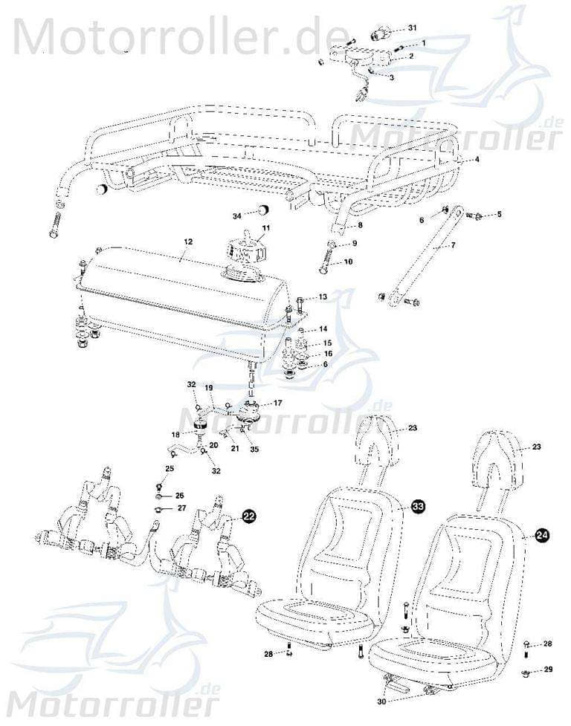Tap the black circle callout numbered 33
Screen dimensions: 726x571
419,506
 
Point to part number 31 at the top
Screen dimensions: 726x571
413,27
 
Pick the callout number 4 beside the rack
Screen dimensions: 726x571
477,159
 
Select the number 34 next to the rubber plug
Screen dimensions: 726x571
236,215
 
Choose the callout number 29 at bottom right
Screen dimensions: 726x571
548,670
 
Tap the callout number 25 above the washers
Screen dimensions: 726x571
170,469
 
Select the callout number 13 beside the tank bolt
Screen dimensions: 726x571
322,296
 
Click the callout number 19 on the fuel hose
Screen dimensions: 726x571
209,388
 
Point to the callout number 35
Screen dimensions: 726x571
254,449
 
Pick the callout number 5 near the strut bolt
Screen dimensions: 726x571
499,214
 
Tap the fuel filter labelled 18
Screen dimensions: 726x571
199,426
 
